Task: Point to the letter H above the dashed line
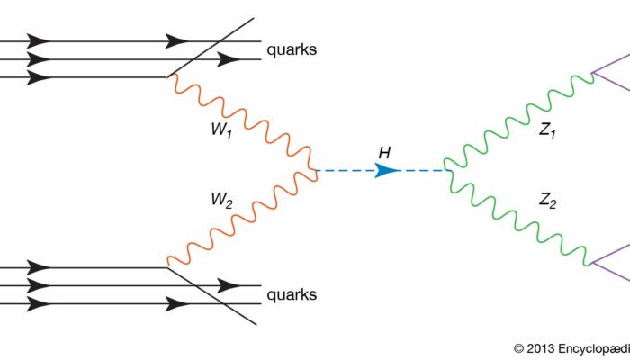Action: [383, 152]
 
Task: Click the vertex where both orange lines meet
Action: [315, 169]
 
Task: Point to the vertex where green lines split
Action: [446, 169]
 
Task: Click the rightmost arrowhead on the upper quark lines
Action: [229, 59]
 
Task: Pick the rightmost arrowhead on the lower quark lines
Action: [229, 285]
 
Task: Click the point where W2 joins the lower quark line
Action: [167, 265]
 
